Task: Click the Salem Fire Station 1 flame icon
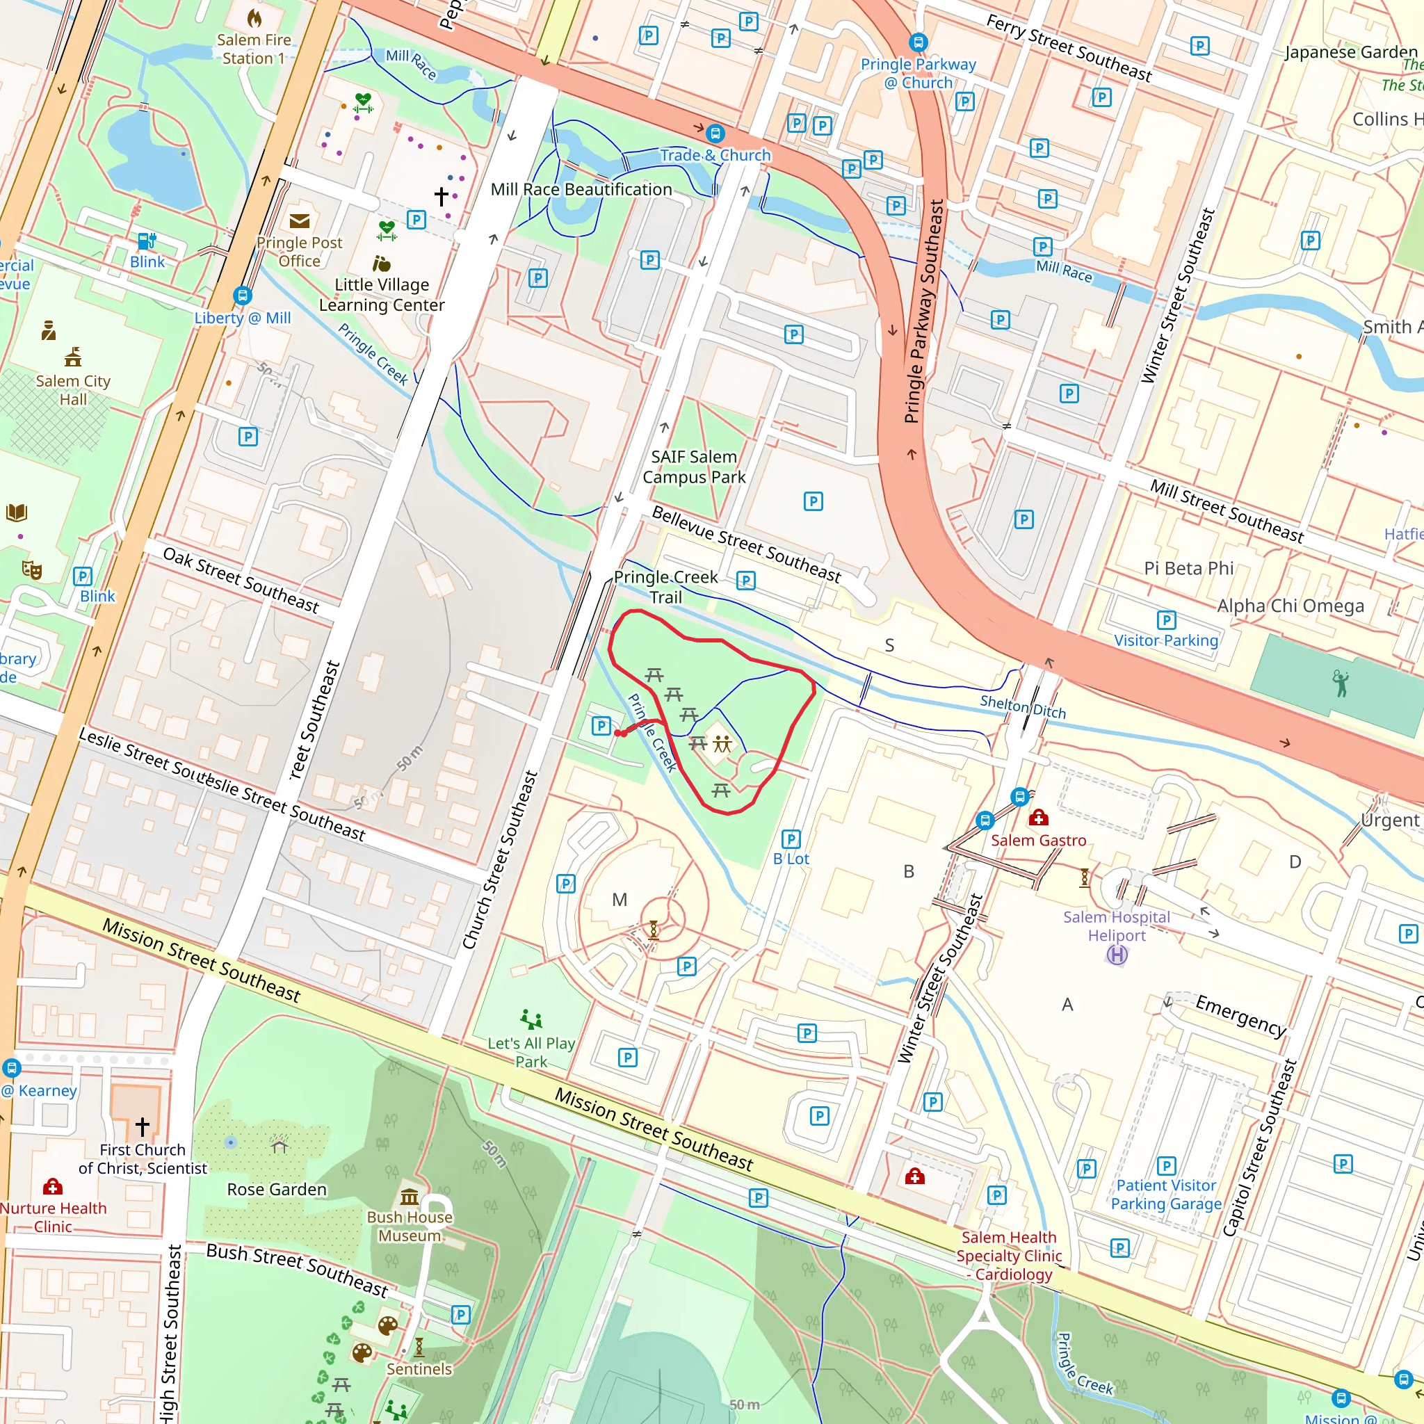[254, 17]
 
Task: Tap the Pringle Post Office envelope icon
[299, 221]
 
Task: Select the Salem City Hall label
[73, 390]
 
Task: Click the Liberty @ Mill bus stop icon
[243, 296]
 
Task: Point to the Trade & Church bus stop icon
[714, 133]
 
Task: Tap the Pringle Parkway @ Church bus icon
[918, 42]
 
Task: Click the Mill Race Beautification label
[581, 189]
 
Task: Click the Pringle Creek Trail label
[665, 587]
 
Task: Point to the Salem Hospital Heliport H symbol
[1117, 955]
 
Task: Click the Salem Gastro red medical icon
[1039, 818]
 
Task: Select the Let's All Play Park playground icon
[531, 1019]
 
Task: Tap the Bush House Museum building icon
[409, 1195]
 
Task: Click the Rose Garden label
[277, 1190]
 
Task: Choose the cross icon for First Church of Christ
[143, 1126]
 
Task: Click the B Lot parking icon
[790, 839]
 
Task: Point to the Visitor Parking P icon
[1166, 620]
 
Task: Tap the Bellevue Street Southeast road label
[746, 544]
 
